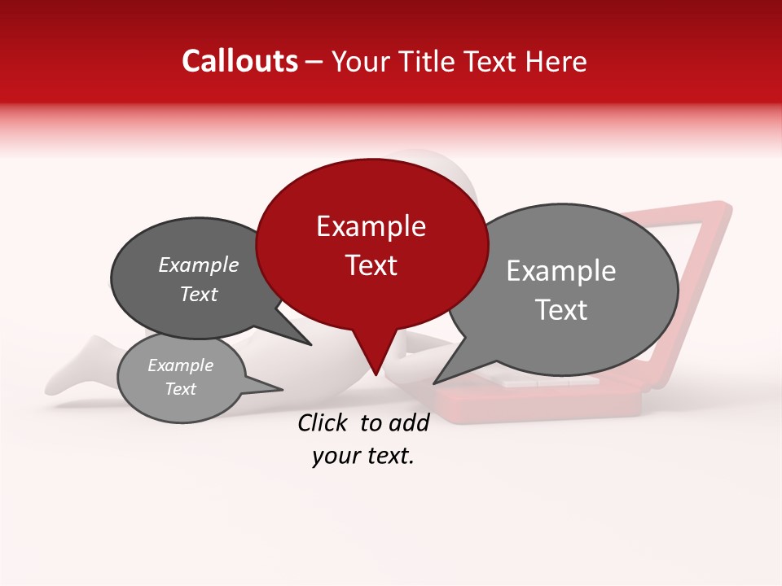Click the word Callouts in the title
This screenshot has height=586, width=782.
coord(239,61)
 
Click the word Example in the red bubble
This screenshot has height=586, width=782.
coord(371,226)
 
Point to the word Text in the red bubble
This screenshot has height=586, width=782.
coord(371,265)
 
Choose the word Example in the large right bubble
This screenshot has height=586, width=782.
coord(560,271)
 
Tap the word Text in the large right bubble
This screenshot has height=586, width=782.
coord(560,310)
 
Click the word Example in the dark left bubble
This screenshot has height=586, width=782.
coord(198,265)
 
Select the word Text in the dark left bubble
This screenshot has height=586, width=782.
coord(198,294)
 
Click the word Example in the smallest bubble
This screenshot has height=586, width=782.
coord(180,365)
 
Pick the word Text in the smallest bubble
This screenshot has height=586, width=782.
coord(180,389)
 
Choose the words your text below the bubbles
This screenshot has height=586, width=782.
coord(362,457)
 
